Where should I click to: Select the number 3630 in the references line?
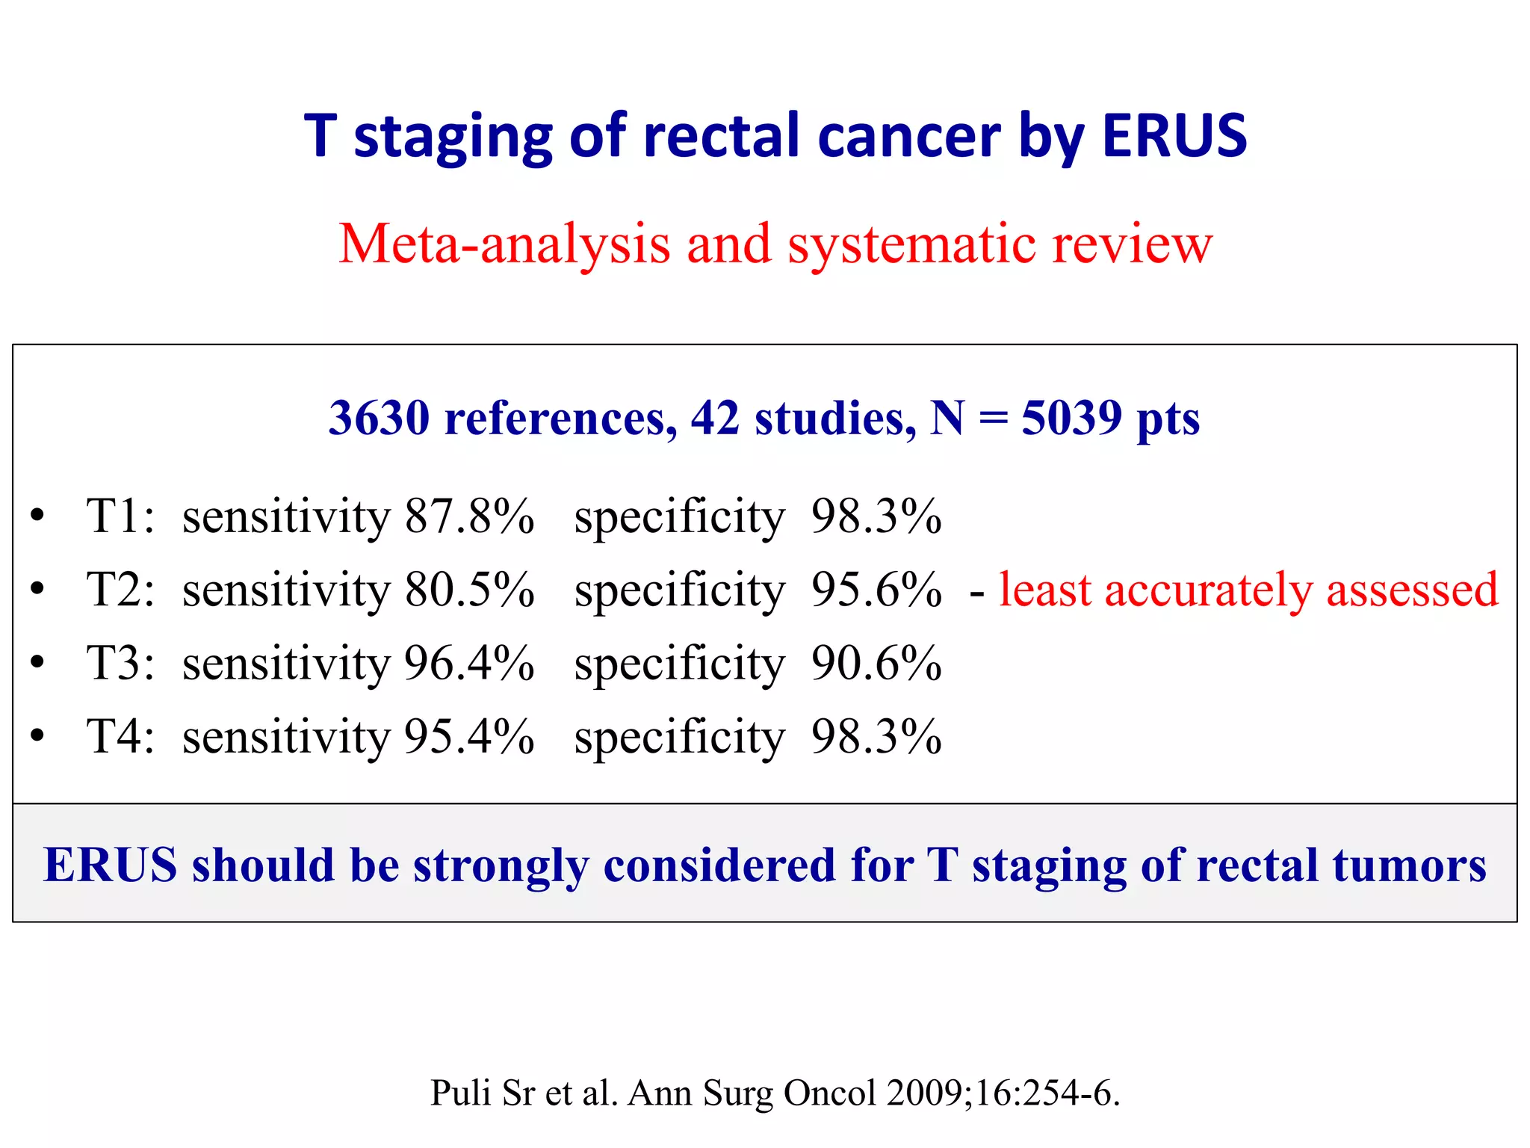point(379,418)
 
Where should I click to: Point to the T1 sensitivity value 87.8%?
point(469,516)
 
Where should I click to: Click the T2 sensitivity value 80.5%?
point(469,590)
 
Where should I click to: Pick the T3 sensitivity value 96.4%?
point(469,663)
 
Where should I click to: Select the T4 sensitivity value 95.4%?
point(469,736)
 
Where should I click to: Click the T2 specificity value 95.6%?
point(876,590)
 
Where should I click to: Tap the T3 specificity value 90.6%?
point(876,663)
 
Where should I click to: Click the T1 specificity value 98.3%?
point(876,516)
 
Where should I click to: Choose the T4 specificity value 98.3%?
point(876,736)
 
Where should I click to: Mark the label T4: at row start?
point(120,736)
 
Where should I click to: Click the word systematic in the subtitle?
point(911,244)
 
